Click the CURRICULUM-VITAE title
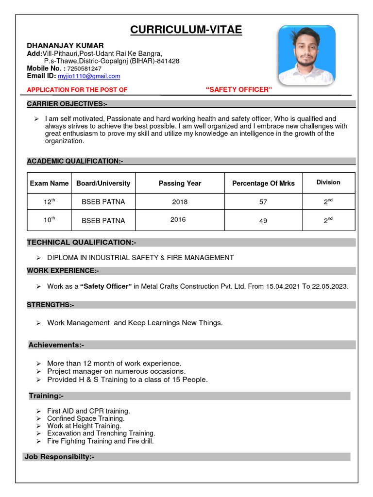186,30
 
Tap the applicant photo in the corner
306,55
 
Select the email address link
89,76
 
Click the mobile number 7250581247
84,68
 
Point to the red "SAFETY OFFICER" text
239,89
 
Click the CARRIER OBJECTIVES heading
67,104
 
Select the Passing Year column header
180,183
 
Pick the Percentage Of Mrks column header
263,183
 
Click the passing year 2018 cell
180,202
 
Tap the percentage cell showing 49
263,220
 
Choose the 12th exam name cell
49,201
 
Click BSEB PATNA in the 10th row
103,220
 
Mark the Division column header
328,182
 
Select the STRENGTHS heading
51,305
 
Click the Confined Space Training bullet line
85,418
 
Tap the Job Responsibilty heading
59,457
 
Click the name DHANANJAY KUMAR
65,45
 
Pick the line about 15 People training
127,380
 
